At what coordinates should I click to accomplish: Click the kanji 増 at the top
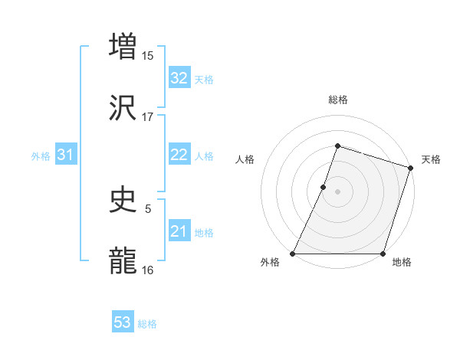pyautogui.click(x=123, y=46)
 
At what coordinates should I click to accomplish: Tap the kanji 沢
pyautogui.click(x=123, y=110)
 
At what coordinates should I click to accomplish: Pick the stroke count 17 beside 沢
pyautogui.click(x=148, y=117)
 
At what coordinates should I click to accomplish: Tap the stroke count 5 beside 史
pyautogui.click(x=148, y=208)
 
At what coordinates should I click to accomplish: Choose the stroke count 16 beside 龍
pyautogui.click(x=148, y=270)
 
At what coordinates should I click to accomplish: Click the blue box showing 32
pyautogui.click(x=179, y=78)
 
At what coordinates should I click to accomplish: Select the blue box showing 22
pyautogui.click(x=179, y=155)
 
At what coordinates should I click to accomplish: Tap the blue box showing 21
pyautogui.click(x=179, y=231)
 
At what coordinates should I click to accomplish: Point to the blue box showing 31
pyautogui.click(x=66, y=155)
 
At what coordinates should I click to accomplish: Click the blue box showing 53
pyautogui.click(x=123, y=322)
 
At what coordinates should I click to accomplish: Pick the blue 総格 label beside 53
pyautogui.click(x=147, y=324)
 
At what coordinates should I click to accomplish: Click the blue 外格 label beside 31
pyautogui.click(x=41, y=155)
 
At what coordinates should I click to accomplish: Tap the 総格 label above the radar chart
pyautogui.click(x=337, y=100)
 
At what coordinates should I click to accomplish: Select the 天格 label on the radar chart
pyautogui.click(x=431, y=159)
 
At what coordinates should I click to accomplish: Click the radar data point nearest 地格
pyautogui.click(x=383, y=254)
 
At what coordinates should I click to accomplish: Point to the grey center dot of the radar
pyautogui.click(x=337, y=191)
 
